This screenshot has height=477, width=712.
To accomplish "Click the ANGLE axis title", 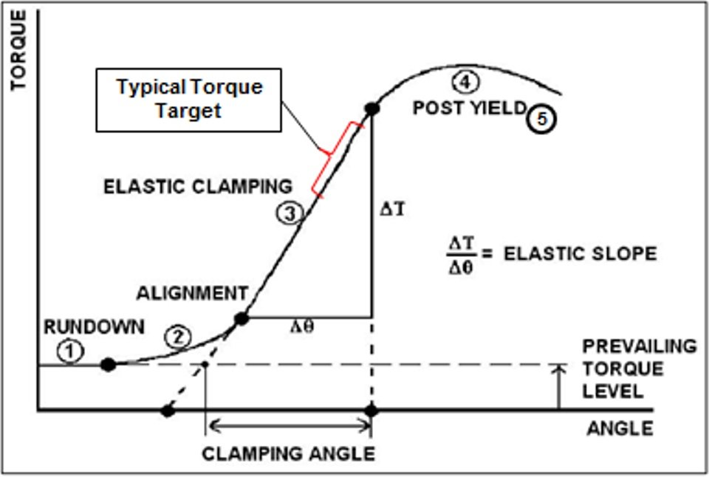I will coord(620,428).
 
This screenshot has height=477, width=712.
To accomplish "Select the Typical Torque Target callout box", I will coord(189,99).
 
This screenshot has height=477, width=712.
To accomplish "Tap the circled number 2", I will coord(177,337).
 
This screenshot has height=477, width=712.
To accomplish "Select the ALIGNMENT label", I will coord(191,293).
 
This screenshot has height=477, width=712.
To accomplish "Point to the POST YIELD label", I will coord(469,108).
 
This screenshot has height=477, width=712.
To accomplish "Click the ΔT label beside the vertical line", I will coord(391,209).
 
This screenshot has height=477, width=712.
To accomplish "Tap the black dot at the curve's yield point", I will coord(372,109).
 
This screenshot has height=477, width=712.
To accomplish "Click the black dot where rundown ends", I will coord(109,364).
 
